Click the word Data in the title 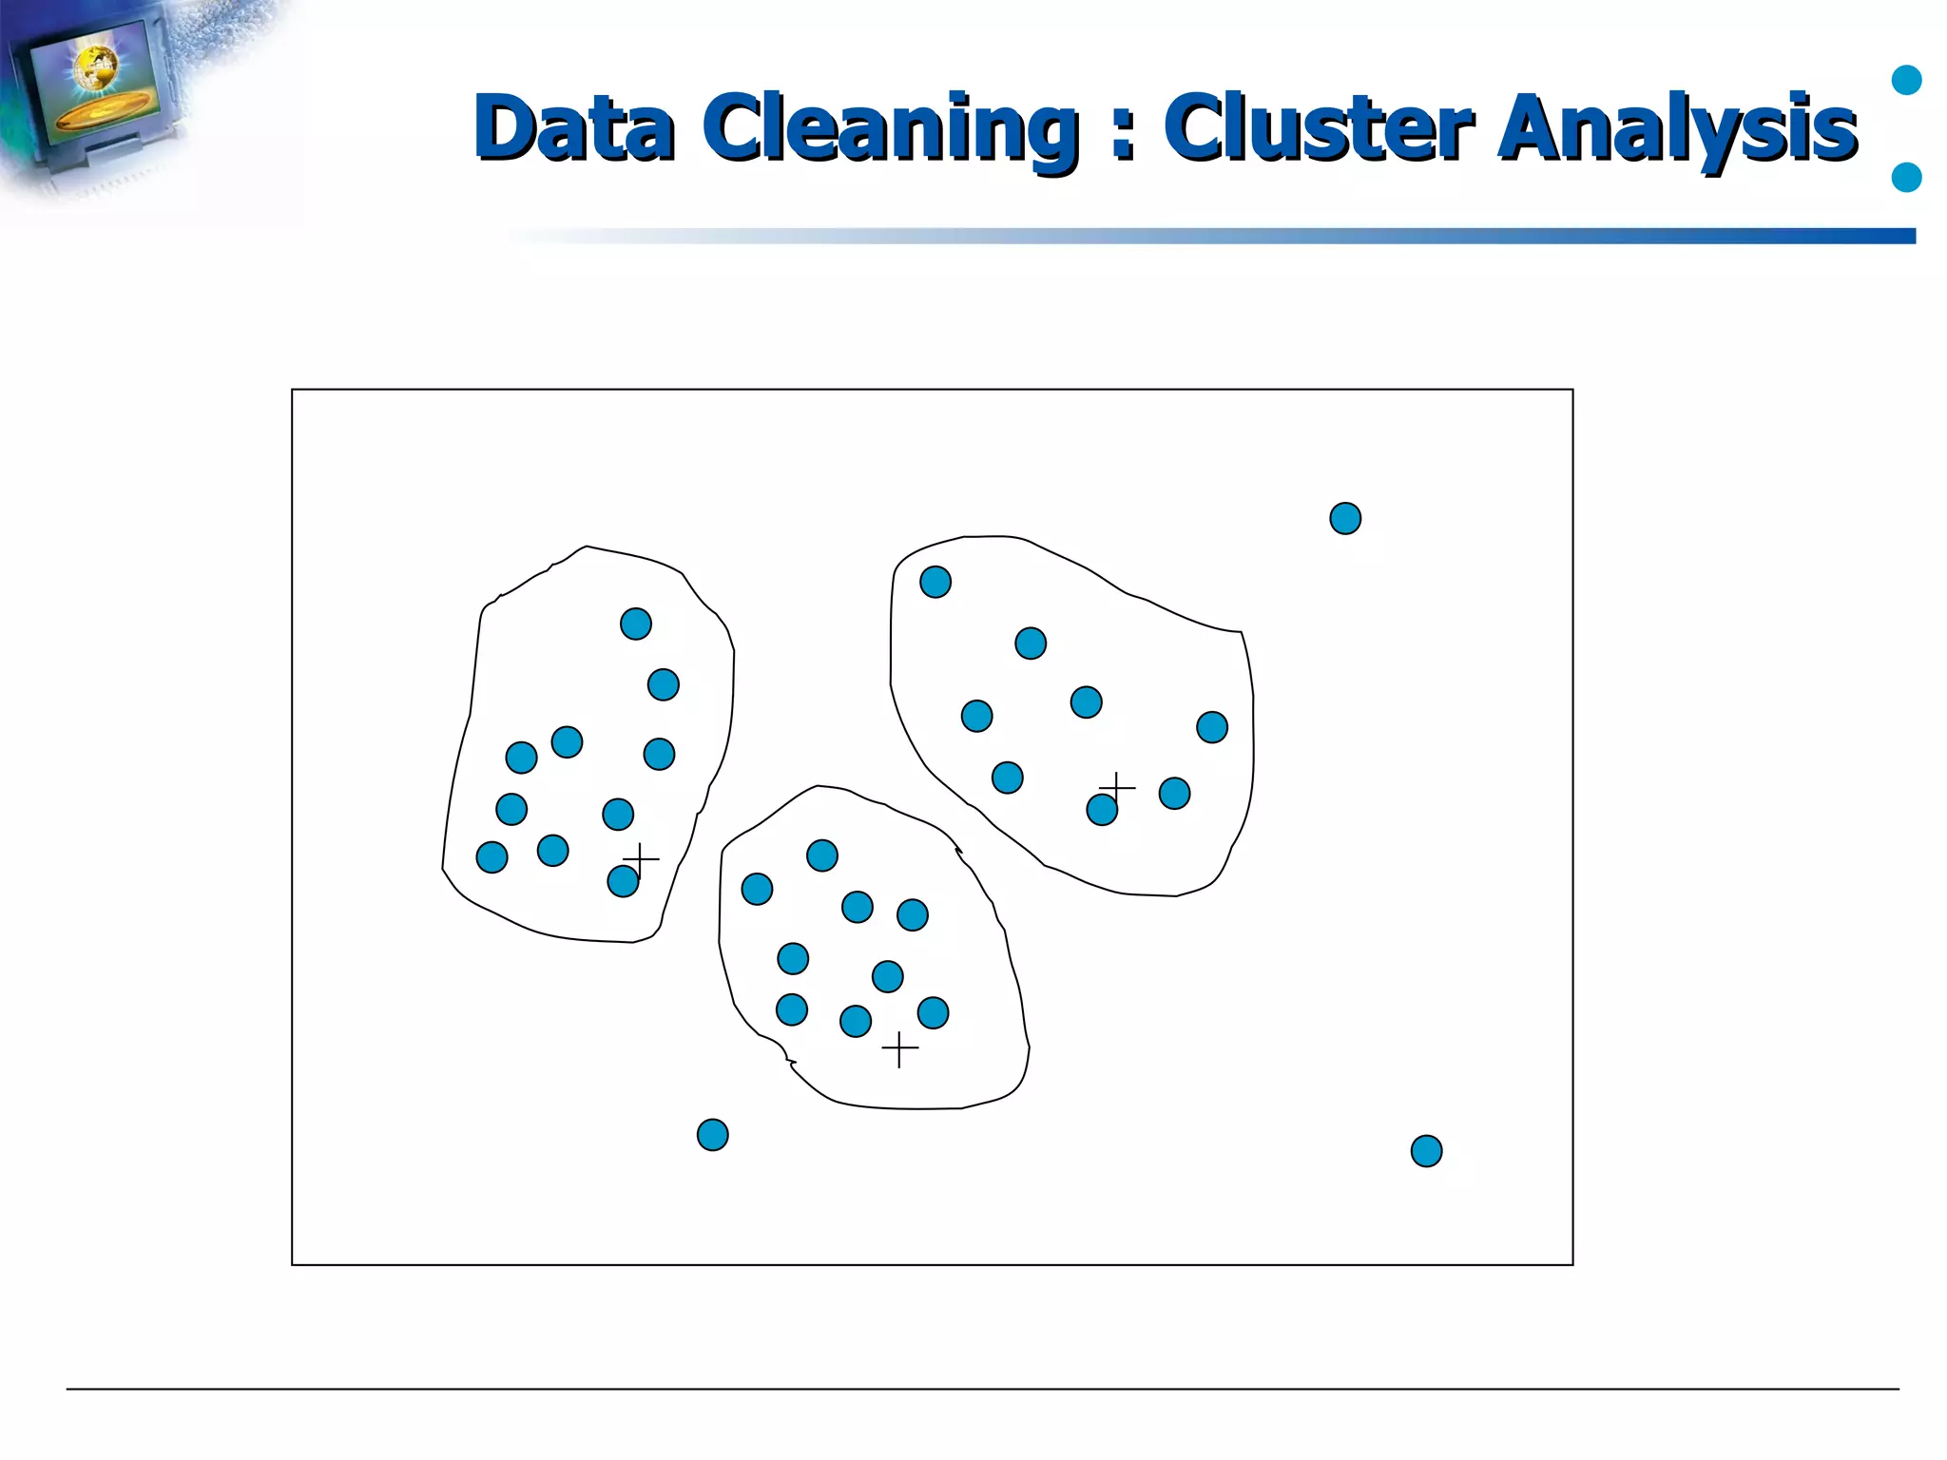tap(574, 126)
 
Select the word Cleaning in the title tap(892, 128)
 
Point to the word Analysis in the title tap(1677, 128)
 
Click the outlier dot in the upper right tap(1345, 518)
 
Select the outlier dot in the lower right tap(1426, 1151)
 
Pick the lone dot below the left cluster tap(712, 1135)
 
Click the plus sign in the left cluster tap(641, 859)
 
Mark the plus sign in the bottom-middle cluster tap(899, 1049)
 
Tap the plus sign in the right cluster tap(1117, 787)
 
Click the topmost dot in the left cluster tap(636, 624)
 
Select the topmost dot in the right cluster tap(935, 582)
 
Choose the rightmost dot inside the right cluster tap(1212, 727)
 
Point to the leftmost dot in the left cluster tap(492, 857)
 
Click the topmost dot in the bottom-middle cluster tap(822, 855)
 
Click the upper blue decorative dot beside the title tap(1907, 81)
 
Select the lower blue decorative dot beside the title tap(1907, 177)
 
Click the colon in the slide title tap(1123, 130)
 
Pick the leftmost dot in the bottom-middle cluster tap(757, 890)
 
